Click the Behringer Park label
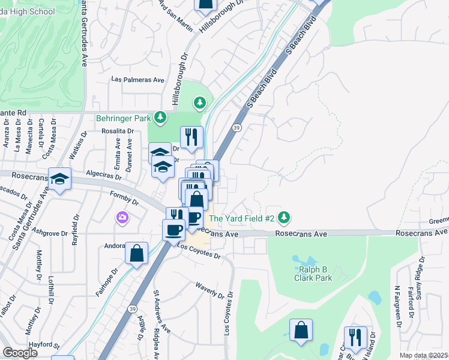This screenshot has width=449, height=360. pos(122,118)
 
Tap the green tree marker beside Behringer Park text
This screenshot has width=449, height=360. pos(160,118)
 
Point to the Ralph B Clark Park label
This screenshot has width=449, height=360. pos(313,274)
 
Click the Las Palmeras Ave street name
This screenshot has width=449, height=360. pos(138,80)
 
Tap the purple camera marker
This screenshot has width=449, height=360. pos(123,218)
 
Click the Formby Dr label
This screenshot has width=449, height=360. pos(124,196)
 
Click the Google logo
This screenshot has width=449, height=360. pos(20,352)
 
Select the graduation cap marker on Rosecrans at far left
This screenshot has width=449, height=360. pos(59,179)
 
